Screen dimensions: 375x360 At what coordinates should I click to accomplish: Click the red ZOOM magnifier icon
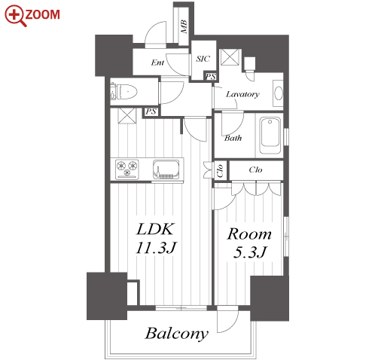click(16, 16)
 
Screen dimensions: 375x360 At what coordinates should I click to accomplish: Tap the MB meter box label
click(184, 26)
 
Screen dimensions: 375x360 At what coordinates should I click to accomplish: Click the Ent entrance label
click(157, 63)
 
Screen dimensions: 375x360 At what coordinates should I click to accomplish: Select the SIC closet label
click(203, 59)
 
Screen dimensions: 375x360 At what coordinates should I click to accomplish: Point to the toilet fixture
click(123, 92)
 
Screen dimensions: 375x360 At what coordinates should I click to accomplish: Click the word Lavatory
click(242, 94)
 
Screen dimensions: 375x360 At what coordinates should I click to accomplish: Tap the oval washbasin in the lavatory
click(279, 93)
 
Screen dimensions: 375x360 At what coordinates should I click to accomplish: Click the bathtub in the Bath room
click(270, 135)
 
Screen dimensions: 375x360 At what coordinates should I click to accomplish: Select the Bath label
click(233, 138)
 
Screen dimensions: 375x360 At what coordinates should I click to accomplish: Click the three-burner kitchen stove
click(127, 169)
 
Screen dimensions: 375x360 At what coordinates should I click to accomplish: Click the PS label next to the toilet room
click(151, 111)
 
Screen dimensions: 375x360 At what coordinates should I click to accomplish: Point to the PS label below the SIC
click(210, 76)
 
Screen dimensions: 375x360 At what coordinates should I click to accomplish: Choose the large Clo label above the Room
click(255, 169)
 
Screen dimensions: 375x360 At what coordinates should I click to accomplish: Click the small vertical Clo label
click(220, 170)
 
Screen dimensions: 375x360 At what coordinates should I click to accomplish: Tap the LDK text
click(154, 229)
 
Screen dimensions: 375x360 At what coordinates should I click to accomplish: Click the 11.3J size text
click(156, 247)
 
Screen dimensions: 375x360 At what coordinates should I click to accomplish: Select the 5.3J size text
click(249, 252)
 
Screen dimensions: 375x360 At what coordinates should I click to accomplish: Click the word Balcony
click(177, 334)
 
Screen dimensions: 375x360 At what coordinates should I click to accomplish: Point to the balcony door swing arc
click(232, 326)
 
